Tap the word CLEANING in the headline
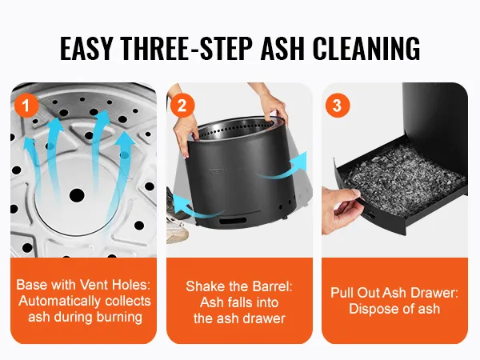pyautogui.click(x=366, y=48)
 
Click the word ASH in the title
pyautogui.click(x=282, y=48)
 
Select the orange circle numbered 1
pyautogui.click(x=26, y=106)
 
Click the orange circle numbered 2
pyautogui.click(x=182, y=106)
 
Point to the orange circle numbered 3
pyautogui.click(x=338, y=106)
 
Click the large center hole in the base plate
pyautogui.click(x=77, y=195)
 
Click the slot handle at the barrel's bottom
pyautogui.click(x=233, y=221)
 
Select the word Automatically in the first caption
pyautogui.click(x=60, y=302)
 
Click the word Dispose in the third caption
pyautogui.click(x=371, y=309)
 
